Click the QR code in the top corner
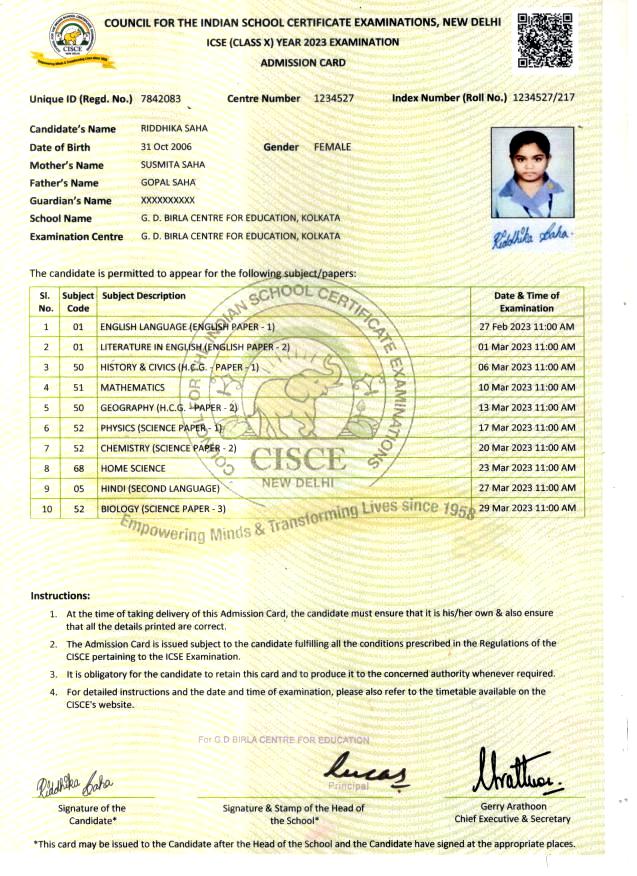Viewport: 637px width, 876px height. pyautogui.click(x=545, y=41)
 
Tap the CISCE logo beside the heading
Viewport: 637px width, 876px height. pyautogui.click(x=71, y=44)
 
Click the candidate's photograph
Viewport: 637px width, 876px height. pyautogui.click(x=533, y=171)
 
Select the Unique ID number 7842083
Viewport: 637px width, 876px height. pyautogui.click(x=162, y=99)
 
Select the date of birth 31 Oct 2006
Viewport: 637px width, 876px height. pyautogui.click(x=167, y=147)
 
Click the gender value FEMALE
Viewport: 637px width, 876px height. pyautogui.click(x=332, y=147)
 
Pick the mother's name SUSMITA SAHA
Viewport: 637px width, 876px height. pyautogui.click(x=173, y=165)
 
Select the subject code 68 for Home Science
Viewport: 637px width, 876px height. pyautogui.click(x=77, y=468)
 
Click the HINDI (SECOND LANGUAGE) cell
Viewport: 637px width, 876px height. pyautogui.click(x=159, y=488)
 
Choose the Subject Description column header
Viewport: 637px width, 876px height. pyautogui.click(x=143, y=296)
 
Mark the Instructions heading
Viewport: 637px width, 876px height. pyautogui.click(x=60, y=596)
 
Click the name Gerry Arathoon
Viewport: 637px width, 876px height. pyautogui.click(x=512, y=806)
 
